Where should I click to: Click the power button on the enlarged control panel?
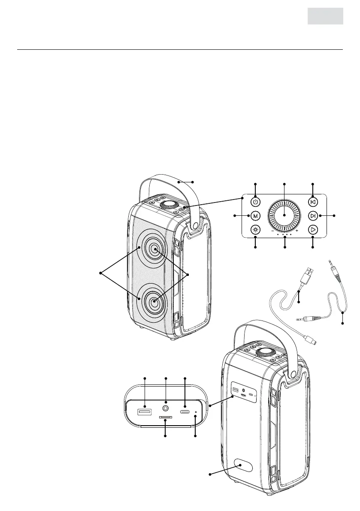(256, 202)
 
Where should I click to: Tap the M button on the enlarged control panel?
(256, 215)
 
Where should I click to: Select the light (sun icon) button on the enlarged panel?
(256, 230)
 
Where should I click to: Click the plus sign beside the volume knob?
(297, 231)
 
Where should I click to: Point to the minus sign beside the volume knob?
(272, 231)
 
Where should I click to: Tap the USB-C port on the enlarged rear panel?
(185, 412)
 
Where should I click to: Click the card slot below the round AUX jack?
(166, 417)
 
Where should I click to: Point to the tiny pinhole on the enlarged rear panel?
(196, 413)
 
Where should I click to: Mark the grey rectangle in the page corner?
(325, 16)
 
